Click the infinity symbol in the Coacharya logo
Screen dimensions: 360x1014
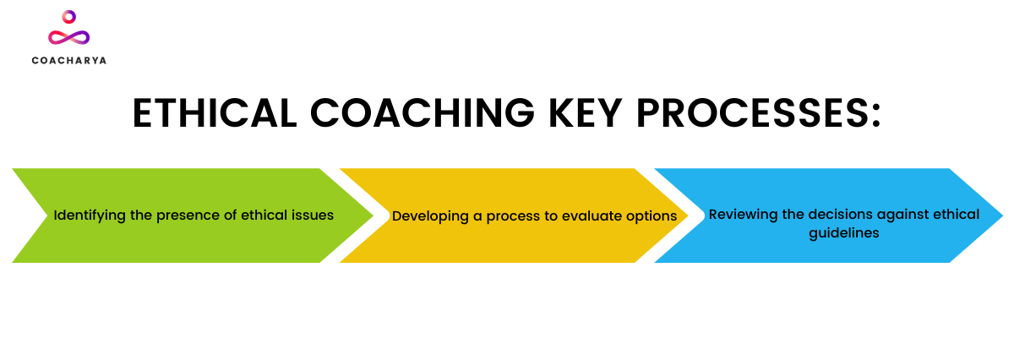[x=68, y=37]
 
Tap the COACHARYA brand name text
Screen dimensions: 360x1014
[x=68, y=61]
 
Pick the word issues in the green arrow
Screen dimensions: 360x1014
[x=313, y=215]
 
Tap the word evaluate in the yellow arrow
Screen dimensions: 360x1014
[x=591, y=216]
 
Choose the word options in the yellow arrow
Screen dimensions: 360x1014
[x=651, y=216]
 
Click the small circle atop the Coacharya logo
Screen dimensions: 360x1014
[x=69, y=16]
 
